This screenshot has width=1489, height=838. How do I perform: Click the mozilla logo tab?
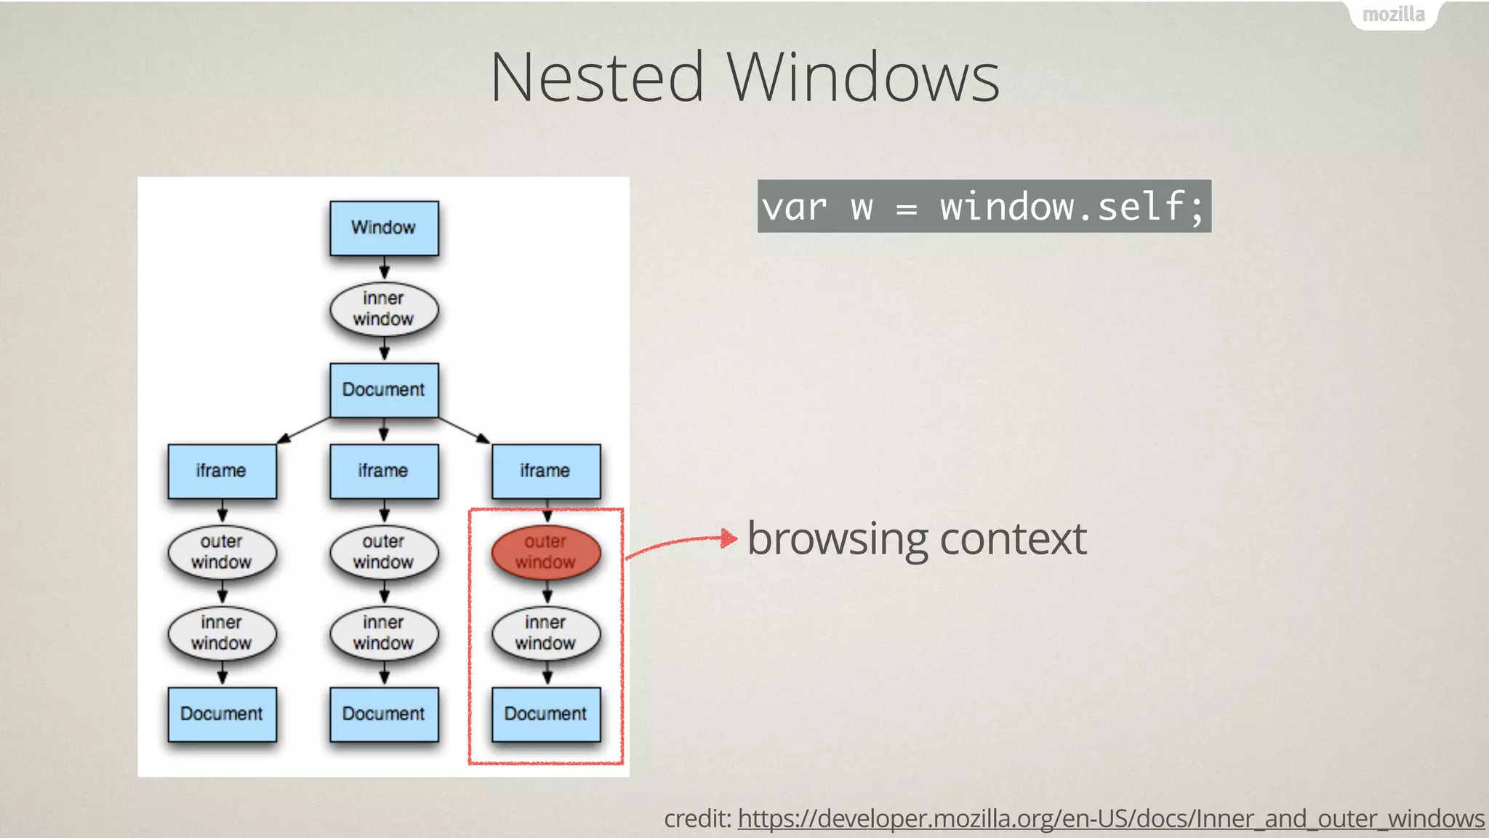1393,15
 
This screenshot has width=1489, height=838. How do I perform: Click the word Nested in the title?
597,77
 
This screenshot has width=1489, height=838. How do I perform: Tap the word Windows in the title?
864,77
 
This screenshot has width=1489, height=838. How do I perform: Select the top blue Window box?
384,228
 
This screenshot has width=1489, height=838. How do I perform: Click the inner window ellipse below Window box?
384,309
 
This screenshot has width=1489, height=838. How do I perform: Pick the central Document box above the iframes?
384,390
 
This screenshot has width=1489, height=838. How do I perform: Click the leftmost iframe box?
222,471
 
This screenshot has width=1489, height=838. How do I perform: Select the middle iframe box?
384,471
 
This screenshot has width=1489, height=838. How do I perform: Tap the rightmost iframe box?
546,471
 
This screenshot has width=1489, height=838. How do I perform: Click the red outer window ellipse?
546,552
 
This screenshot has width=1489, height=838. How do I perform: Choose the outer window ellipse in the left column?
222,552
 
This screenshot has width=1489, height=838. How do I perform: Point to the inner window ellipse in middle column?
384,633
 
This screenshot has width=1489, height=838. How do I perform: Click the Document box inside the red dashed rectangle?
546,714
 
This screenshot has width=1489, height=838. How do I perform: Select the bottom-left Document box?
222,714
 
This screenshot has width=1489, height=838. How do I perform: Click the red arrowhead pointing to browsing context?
729,538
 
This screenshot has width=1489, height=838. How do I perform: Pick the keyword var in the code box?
794,207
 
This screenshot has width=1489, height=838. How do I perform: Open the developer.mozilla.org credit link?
1110,819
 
